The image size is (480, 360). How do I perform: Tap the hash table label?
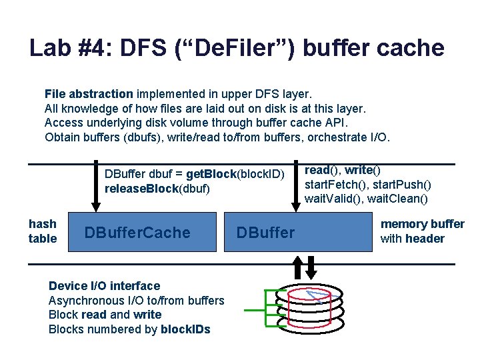(43, 231)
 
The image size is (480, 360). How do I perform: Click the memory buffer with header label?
(422, 231)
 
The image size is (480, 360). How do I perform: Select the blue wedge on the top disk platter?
(313, 294)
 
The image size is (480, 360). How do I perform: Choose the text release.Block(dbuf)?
(157, 189)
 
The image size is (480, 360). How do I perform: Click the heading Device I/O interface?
(104, 286)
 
